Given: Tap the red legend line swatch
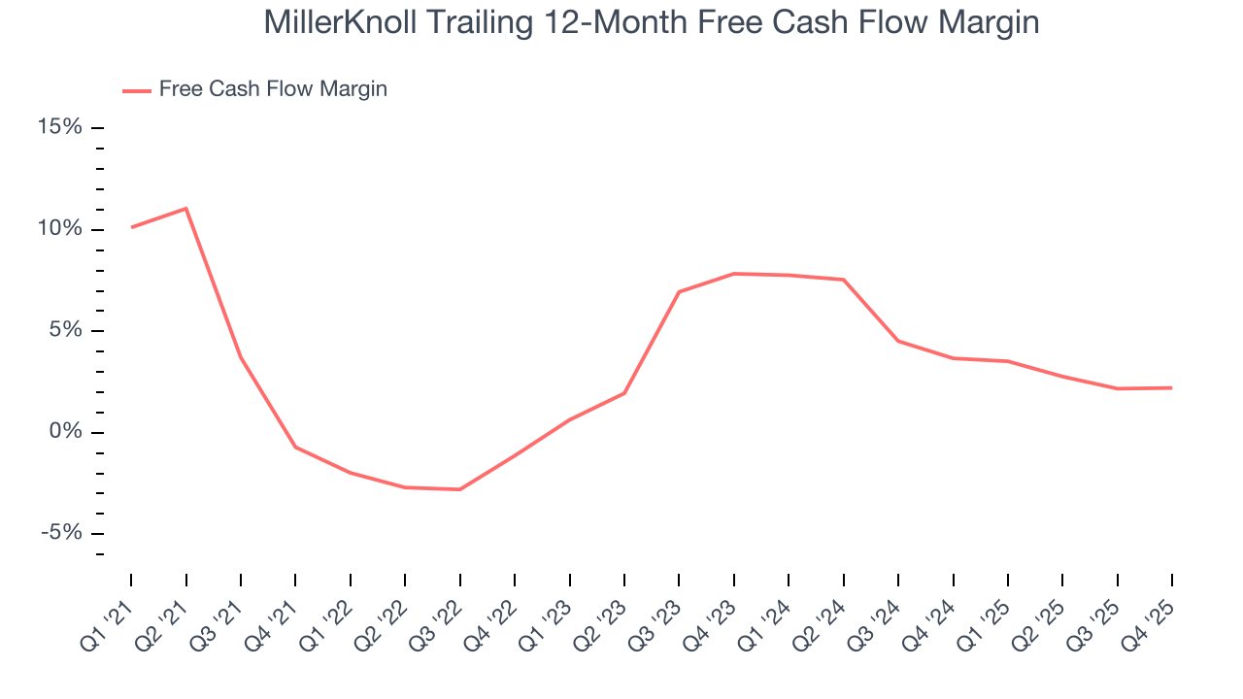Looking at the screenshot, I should click(x=136, y=90).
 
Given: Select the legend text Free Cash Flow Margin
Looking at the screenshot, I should click(x=273, y=89).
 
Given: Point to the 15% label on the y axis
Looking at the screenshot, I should click(x=59, y=128).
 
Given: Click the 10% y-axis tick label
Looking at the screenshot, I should click(x=59, y=229).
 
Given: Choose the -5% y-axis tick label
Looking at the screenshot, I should click(x=61, y=533).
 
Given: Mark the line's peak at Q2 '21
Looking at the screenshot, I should click(x=185, y=209).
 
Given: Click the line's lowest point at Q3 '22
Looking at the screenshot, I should click(x=459, y=489).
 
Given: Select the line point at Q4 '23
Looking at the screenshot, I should click(x=734, y=274).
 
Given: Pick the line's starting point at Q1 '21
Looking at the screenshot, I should click(x=131, y=227).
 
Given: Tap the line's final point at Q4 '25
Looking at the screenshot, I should click(x=1171, y=388).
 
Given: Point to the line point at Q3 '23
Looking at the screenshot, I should click(x=679, y=291).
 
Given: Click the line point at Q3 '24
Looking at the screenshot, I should click(x=898, y=341).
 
